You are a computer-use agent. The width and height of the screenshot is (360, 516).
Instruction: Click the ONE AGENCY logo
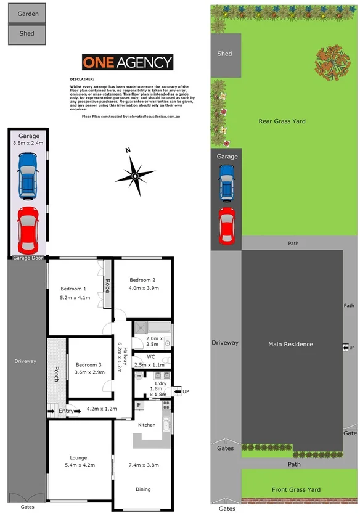tap(128, 62)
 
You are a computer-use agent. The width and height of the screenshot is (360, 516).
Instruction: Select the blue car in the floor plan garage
tap(28, 176)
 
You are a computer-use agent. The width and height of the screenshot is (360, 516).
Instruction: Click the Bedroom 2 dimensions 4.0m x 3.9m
tap(144, 288)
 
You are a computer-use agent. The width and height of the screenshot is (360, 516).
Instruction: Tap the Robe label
tap(107, 285)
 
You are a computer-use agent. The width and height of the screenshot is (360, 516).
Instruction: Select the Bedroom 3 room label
tap(88, 363)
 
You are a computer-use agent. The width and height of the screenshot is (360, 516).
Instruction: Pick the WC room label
tap(151, 356)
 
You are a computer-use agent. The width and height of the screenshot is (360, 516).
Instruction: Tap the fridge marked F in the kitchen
tap(139, 406)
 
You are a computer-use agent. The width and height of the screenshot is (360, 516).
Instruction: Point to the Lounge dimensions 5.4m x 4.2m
tap(78, 465)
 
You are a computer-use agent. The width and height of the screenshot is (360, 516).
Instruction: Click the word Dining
tap(143, 489)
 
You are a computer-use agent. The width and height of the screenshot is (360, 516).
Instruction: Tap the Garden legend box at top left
tap(27, 13)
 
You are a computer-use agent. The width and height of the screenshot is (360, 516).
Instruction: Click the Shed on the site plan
tap(225, 54)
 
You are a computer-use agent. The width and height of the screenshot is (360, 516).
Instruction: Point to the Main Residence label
tap(291, 344)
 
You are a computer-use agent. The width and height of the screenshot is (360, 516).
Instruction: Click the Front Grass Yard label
tap(296, 490)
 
